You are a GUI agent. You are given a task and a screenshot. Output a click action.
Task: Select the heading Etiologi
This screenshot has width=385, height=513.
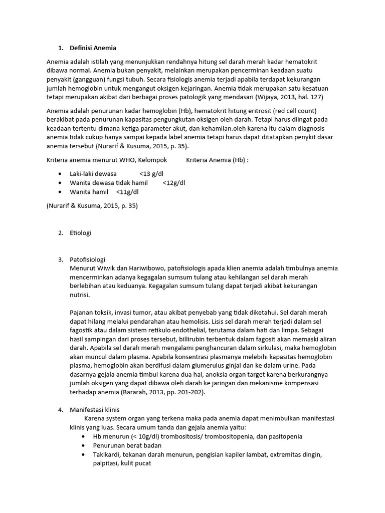click(81, 233)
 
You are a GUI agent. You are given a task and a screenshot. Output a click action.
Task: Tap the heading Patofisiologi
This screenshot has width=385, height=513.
click(88, 260)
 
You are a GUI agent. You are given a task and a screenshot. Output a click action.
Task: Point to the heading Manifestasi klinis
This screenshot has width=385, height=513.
click(95, 409)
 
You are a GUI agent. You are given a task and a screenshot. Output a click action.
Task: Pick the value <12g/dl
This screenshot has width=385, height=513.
click(174, 183)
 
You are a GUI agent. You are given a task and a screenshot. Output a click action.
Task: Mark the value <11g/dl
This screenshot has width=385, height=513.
click(127, 192)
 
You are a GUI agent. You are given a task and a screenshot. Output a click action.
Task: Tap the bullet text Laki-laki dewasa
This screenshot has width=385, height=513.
click(93, 174)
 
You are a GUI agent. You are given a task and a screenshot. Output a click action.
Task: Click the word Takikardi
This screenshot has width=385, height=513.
click(106, 454)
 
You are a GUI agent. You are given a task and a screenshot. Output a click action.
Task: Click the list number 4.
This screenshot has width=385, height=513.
click(60, 409)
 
